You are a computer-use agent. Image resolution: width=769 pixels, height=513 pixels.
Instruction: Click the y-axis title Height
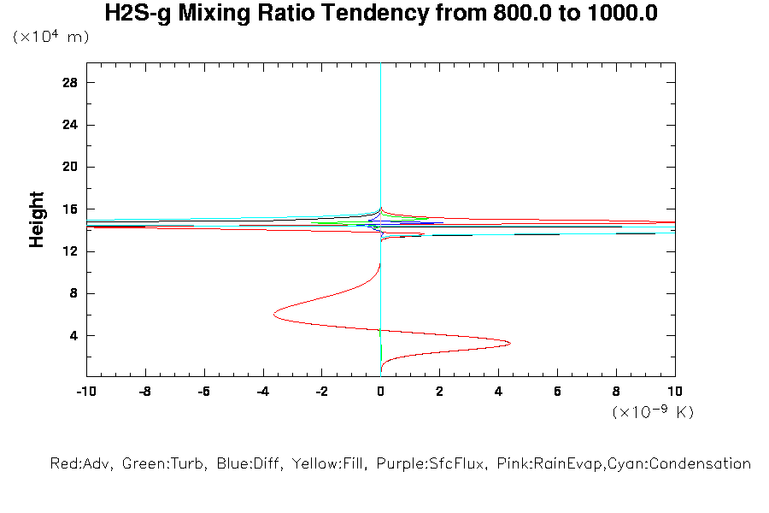pyautogui.click(x=37, y=220)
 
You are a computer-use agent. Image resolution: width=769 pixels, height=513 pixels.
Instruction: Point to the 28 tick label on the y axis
pyautogui.click(x=70, y=82)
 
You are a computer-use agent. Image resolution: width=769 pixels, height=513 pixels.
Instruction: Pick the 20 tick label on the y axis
pyautogui.click(x=70, y=167)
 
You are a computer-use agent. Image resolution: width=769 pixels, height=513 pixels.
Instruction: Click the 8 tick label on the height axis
pyautogui.click(x=73, y=293)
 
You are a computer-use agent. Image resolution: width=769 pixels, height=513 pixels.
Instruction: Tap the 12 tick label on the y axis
pyautogui.click(x=70, y=251)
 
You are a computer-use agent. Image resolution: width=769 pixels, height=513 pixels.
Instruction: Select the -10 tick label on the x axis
pyautogui.click(x=85, y=391)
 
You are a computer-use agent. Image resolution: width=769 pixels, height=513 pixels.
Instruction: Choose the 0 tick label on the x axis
pyautogui.click(x=381, y=391)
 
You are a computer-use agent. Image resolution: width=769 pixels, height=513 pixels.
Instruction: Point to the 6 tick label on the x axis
pyautogui.click(x=558, y=391)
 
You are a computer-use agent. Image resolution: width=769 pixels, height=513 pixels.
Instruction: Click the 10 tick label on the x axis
pyautogui.click(x=675, y=391)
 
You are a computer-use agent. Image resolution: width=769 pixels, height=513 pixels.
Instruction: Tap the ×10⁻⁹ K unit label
pyautogui.click(x=653, y=412)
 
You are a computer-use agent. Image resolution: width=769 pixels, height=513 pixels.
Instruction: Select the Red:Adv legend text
pyautogui.click(x=81, y=464)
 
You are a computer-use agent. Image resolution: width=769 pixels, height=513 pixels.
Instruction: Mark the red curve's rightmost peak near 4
pyautogui.click(x=510, y=344)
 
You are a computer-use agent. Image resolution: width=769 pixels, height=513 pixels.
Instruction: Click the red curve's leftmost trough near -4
pyautogui.click(x=274, y=314)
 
